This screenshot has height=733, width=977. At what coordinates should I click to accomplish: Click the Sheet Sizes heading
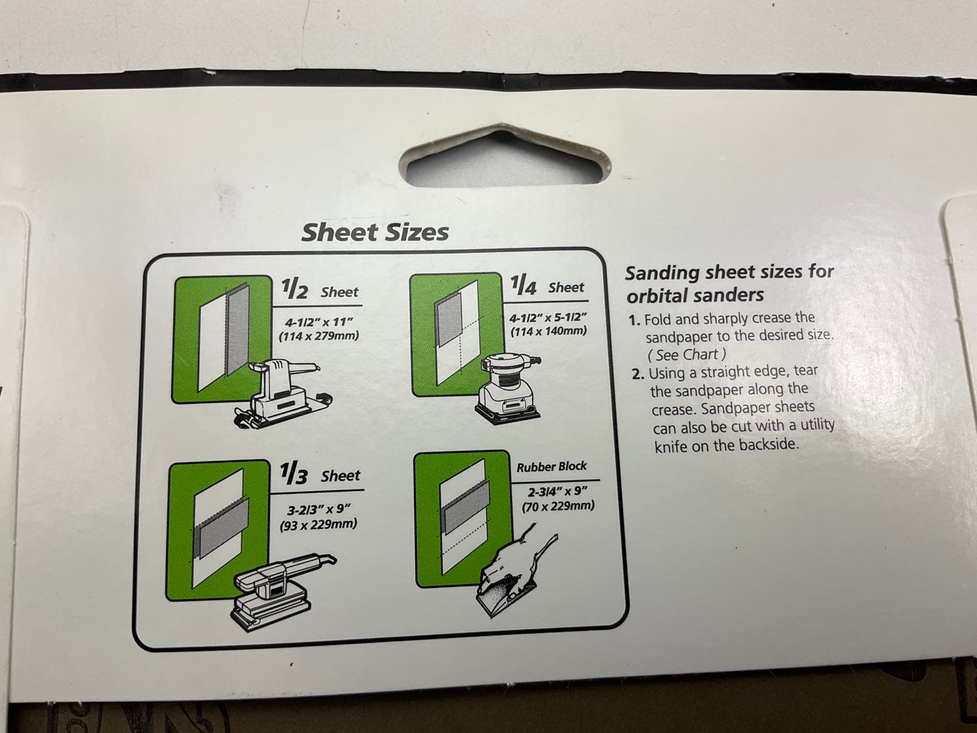(376, 232)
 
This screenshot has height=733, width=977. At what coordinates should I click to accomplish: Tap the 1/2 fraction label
(294, 289)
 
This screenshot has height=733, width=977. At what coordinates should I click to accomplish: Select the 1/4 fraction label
(524, 286)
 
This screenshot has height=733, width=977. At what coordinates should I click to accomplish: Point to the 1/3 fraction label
(294, 473)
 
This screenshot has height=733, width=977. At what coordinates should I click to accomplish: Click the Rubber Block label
(552, 467)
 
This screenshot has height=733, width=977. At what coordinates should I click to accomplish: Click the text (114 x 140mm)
(548, 331)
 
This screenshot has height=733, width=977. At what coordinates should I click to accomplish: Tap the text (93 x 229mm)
(318, 525)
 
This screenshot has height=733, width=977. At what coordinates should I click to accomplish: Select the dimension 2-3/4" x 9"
(558, 492)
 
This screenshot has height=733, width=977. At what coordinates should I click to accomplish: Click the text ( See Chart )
(686, 355)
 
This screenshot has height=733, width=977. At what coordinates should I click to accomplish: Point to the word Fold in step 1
(659, 319)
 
